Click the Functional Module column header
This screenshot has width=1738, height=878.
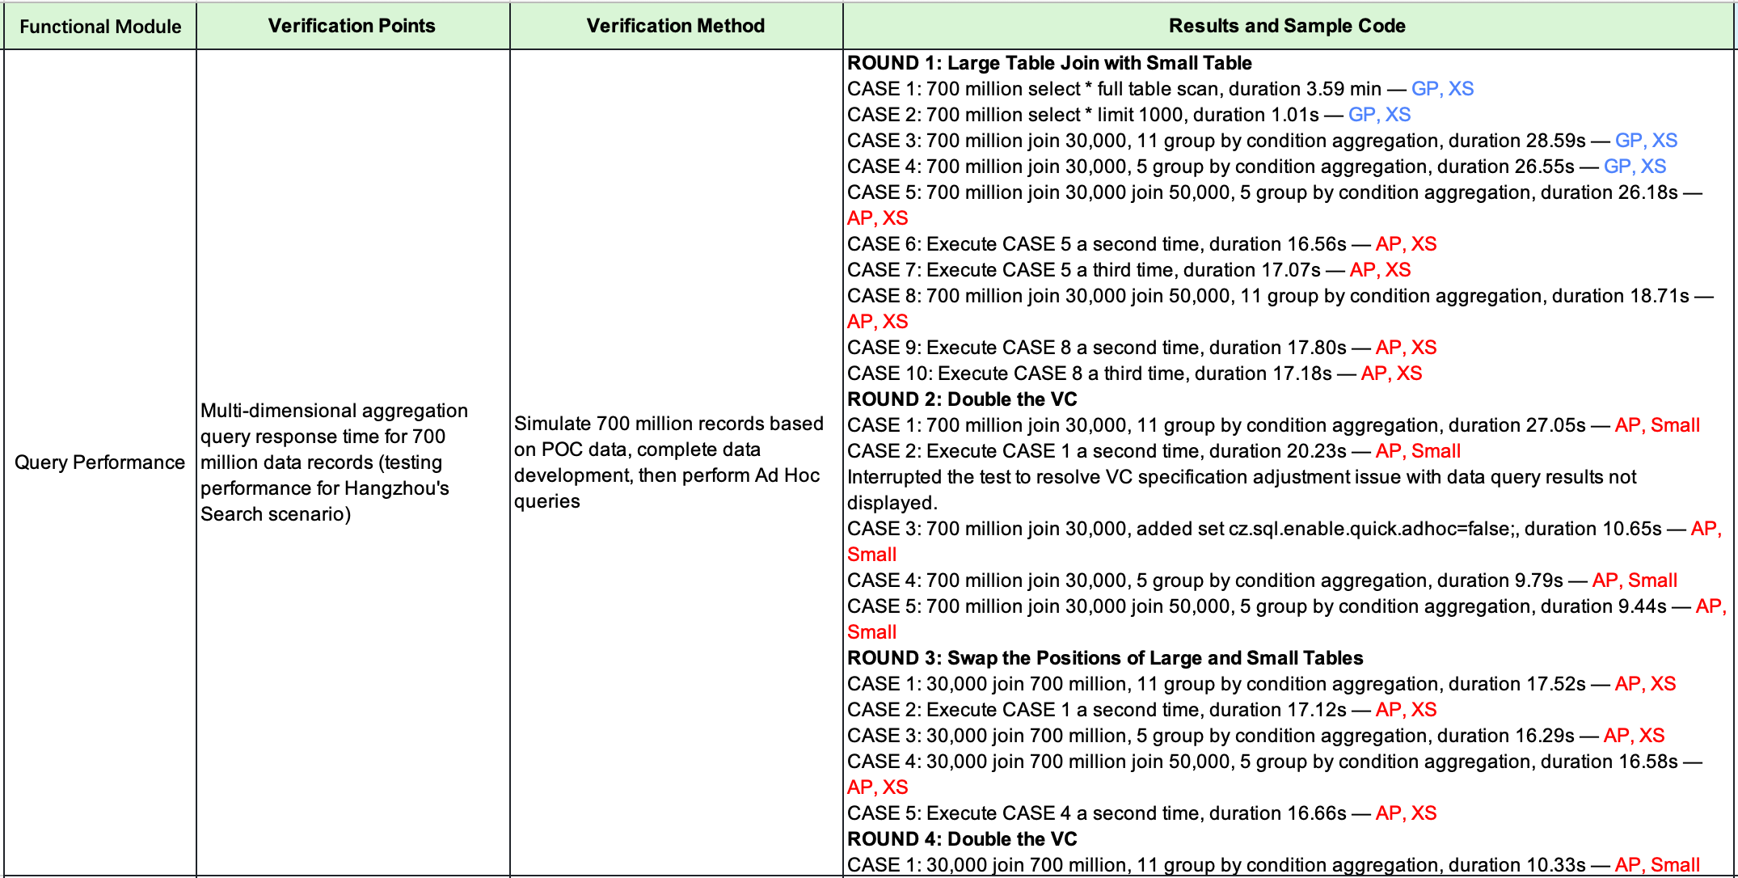click(x=100, y=27)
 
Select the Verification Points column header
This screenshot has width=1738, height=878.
click(x=352, y=26)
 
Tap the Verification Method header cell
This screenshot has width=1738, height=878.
click(x=676, y=26)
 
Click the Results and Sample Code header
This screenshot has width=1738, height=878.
click(x=1287, y=26)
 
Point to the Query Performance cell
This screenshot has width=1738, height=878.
click(x=100, y=462)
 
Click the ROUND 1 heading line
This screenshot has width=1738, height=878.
click(x=1049, y=63)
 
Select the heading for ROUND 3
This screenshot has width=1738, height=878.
click(x=1105, y=658)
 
